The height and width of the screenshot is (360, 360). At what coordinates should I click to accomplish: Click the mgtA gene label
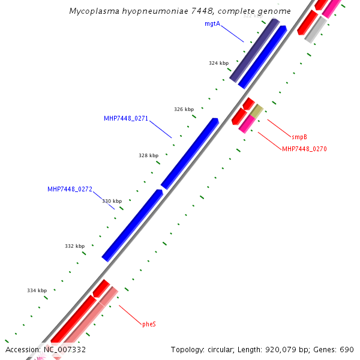point(212,23)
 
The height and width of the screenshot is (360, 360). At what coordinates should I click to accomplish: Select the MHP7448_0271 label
point(125,119)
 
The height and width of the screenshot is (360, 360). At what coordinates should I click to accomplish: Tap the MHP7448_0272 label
point(70,189)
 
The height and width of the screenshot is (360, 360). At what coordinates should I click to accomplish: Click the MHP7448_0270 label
point(304,149)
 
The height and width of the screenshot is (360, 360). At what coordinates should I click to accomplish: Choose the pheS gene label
point(149,324)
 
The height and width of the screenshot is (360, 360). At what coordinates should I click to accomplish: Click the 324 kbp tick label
point(218,63)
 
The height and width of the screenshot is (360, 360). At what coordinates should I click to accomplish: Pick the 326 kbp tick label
point(184,109)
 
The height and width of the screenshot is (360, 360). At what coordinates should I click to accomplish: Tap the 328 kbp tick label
point(148,155)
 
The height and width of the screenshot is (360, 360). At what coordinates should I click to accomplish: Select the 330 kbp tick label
point(112,202)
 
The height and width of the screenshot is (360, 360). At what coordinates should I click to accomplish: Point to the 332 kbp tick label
point(75,246)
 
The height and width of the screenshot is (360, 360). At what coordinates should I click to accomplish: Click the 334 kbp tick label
point(37,290)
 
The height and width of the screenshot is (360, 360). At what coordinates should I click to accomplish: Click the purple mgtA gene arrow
point(254,50)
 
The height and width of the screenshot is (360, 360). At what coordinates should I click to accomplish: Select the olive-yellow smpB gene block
point(257,111)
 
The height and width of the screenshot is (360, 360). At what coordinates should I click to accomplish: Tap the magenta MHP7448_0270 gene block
point(247,124)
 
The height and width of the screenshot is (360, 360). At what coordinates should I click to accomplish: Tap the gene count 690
point(347,350)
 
